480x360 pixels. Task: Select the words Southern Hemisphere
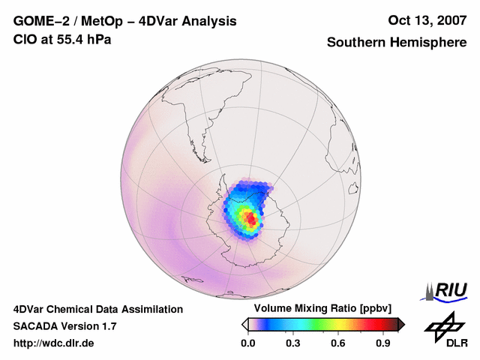pos(396,43)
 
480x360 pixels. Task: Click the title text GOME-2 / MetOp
pos(63,21)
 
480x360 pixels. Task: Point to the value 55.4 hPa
pos(83,38)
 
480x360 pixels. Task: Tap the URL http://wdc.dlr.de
pos(54,343)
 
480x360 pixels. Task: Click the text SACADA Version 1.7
pos(64,326)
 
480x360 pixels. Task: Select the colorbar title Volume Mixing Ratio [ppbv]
pos(322,309)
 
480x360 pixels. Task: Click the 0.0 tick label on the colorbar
pos(247,343)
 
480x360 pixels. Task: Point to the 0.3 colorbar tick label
pos(293,343)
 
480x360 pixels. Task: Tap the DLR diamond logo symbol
pos(442,325)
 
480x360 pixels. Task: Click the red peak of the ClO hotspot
pos(252,220)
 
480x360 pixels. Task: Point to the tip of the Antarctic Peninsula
pos(224,187)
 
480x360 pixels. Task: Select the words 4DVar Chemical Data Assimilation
pos(98,309)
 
